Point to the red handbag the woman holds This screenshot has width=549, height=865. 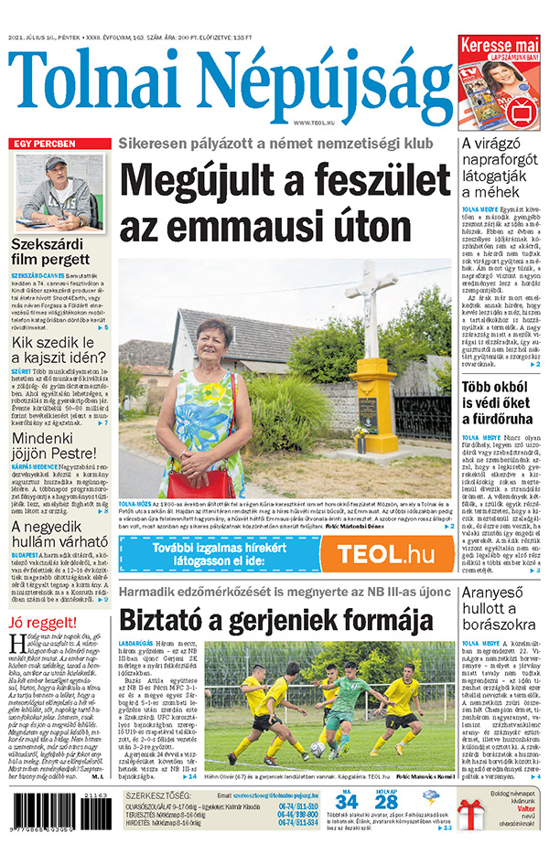[199, 480]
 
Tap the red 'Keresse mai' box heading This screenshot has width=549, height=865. [500, 44]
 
